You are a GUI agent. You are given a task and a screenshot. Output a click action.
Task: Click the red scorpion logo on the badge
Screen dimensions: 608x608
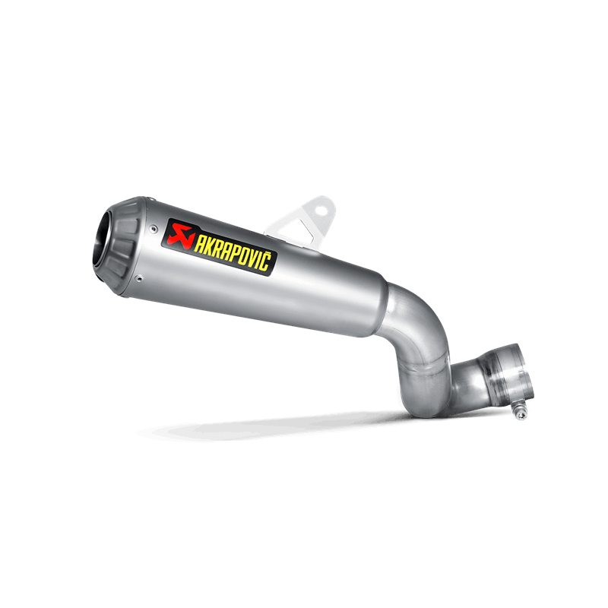tap(180, 236)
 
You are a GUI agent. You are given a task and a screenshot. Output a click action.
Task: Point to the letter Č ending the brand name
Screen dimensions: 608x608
tap(264, 260)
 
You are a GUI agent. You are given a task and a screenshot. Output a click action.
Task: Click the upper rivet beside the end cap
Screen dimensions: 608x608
tap(155, 229)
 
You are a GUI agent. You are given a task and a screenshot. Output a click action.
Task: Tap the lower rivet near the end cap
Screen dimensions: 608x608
tap(139, 277)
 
